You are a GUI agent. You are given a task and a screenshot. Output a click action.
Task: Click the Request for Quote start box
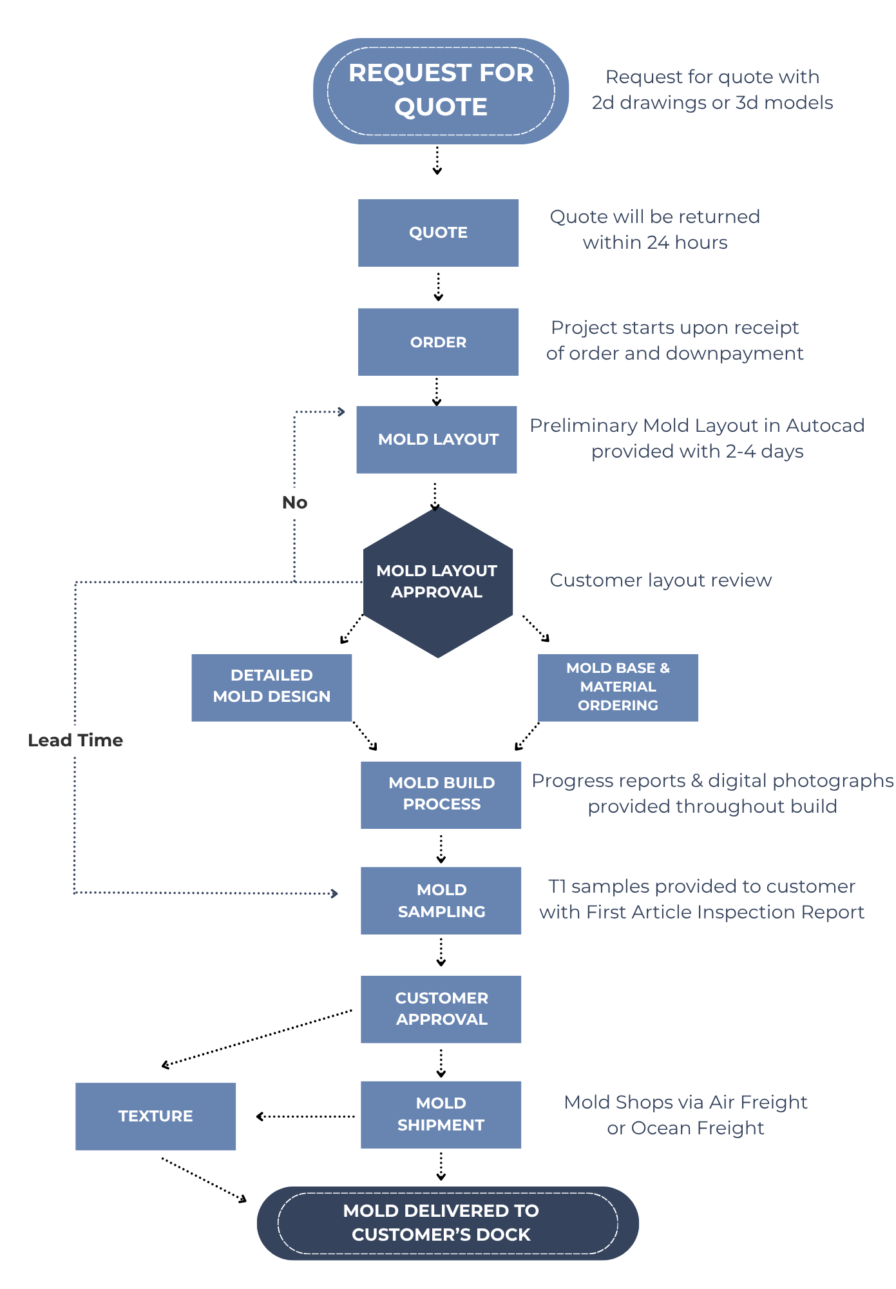pyautogui.click(x=441, y=91)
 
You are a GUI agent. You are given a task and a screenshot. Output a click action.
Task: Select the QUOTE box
pyautogui.click(x=438, y=233)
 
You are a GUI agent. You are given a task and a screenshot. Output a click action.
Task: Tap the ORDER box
pyautogui.click(x=438, y=342)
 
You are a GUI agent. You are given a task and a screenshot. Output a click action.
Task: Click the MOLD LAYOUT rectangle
pyautogui.click(x=437, y=440)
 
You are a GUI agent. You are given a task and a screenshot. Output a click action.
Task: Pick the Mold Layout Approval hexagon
pyautogui.click(x=438, y=582)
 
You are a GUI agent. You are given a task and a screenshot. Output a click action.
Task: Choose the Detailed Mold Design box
pyautogui.click(x=272, y=688)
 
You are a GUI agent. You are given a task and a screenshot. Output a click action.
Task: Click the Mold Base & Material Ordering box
pyautogui.click(x=618, y=688)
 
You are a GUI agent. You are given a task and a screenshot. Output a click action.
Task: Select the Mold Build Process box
pyautogui.click(x=441, y=795)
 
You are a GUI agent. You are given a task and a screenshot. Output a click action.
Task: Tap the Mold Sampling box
pyautogui.click(x=441, y=901)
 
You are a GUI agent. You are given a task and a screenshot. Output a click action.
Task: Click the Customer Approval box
pyautogui.click(x=441, y=1009)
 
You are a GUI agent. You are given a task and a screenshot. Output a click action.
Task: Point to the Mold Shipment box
pyautogui.click(x=441, y=1115)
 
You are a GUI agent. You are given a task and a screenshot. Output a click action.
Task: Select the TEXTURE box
pyautogui.click(x=156, y=1116)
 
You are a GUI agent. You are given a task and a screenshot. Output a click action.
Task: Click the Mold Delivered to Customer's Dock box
pyautogui.click(x=448, y=1223)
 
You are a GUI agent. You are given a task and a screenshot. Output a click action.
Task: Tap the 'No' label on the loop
pyautogui.click(x=295, y=503)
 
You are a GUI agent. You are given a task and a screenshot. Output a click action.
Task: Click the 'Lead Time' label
pyautogui.click(x=75, y=740)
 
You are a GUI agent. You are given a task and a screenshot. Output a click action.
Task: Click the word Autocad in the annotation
pyautogui.click(x=825, y=425)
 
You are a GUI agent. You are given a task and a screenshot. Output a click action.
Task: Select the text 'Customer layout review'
pyautogui.click(x=661, y=580)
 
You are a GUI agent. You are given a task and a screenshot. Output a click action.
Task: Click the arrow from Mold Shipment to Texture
pyautogui.click(x=305, y=1116)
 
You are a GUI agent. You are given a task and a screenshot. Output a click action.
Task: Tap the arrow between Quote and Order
pyautogui.click(x=438, y=287)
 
